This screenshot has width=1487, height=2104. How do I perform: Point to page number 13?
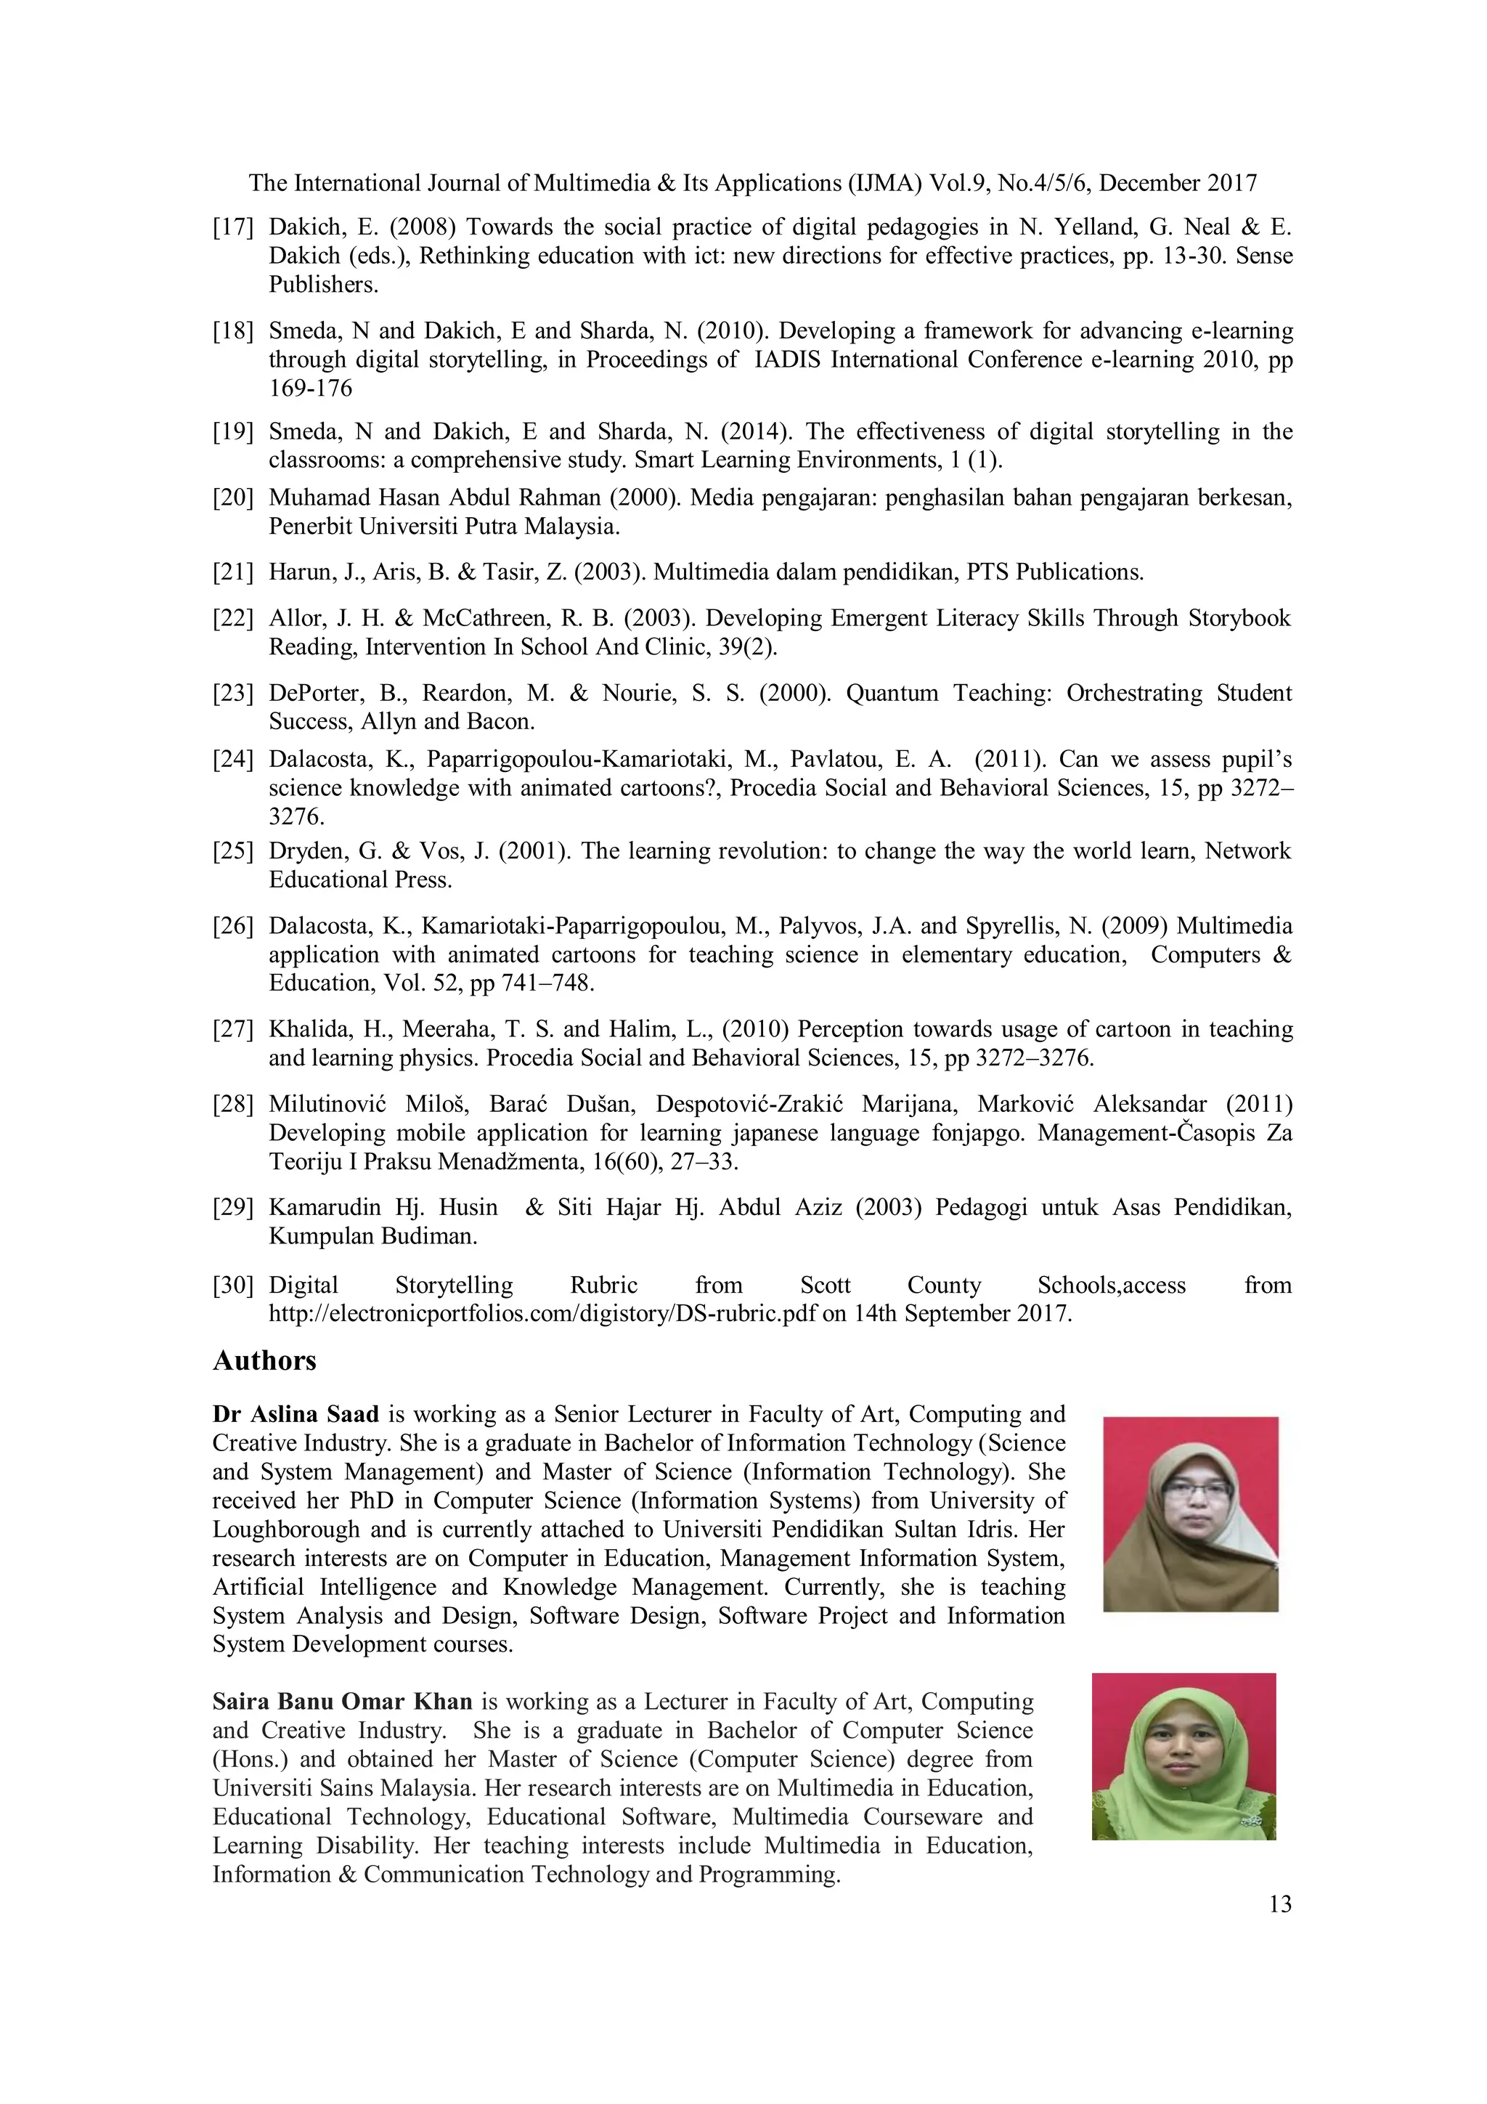[x=1280, y=1904]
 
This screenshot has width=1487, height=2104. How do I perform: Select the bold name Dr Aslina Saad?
[x=295, y=1414]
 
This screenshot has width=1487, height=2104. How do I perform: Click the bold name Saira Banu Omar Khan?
[x=342, y=1702]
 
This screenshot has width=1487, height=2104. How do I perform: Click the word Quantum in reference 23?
[x=892, y=693]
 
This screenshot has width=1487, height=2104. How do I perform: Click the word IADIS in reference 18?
[x=787, y=360]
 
